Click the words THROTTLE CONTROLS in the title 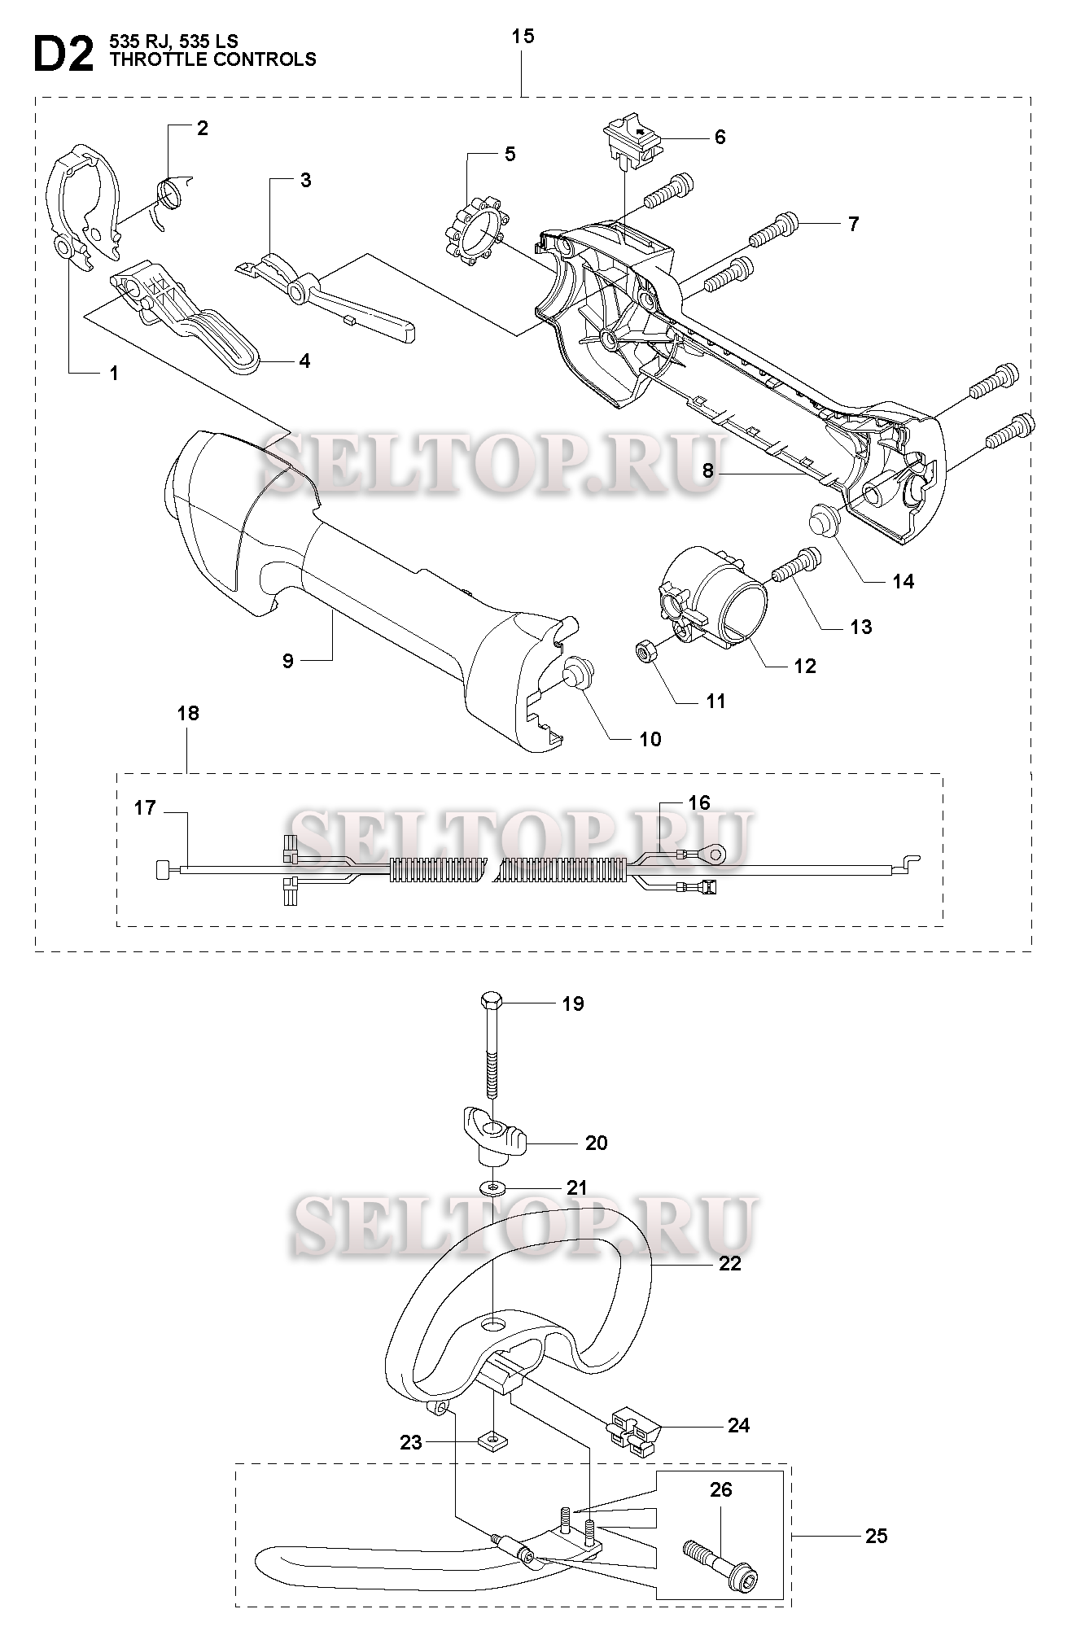pos(212,59)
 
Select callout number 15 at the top pos(523,37)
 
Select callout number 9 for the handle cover pos(288,660)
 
